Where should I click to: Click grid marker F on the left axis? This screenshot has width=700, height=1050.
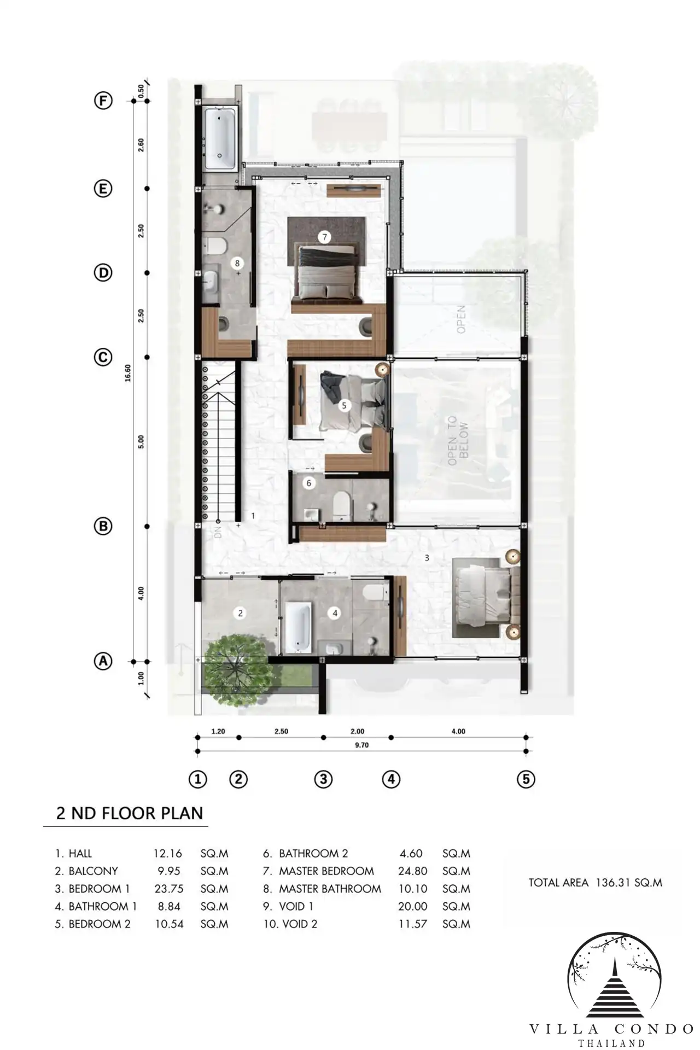tap(103, 101)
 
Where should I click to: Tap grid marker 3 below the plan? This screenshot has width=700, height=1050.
tap(323, 779)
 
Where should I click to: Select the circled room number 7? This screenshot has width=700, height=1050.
tap(325, 237)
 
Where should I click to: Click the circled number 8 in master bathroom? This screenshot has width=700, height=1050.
tap(237, 263)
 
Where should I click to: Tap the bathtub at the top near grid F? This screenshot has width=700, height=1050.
tap(220, 138)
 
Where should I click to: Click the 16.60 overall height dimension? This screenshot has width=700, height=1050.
tap(127, 372)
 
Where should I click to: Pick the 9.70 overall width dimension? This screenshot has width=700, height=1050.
tap(361, 745)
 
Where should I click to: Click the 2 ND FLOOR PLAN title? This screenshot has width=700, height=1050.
tap(130, 813)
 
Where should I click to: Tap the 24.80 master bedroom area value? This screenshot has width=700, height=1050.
tap(413, 871)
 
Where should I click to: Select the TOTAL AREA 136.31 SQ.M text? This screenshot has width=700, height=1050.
tap(595, 882)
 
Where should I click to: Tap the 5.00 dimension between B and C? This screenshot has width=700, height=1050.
tap(141, 442)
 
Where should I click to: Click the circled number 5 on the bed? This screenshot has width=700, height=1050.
tap(344, 405)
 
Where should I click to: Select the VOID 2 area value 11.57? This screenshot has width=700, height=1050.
tap(412, 924)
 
